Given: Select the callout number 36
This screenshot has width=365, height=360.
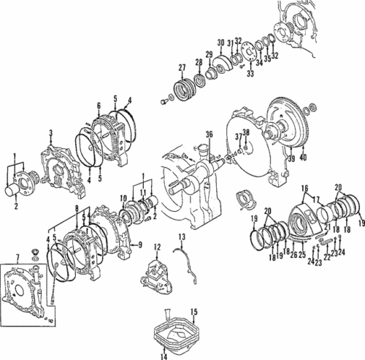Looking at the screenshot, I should [208, 134].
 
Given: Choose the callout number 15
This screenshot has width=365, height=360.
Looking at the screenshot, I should [193, 312].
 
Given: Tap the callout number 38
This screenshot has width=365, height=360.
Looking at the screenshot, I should [246, 132].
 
